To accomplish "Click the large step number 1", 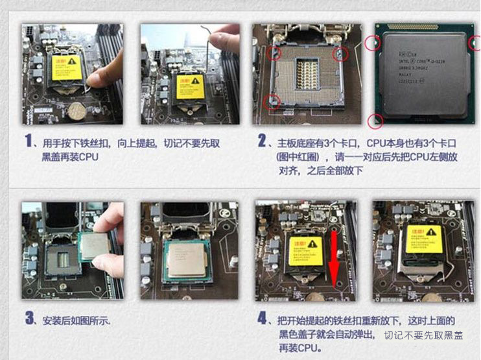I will point(28,141).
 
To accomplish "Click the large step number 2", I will point(262,141).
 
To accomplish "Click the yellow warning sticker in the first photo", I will point(67,67).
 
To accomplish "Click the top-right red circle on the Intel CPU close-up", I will point(475,43).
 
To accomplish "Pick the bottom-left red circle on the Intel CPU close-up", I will point(375,121).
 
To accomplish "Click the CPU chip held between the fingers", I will point(93,246).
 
